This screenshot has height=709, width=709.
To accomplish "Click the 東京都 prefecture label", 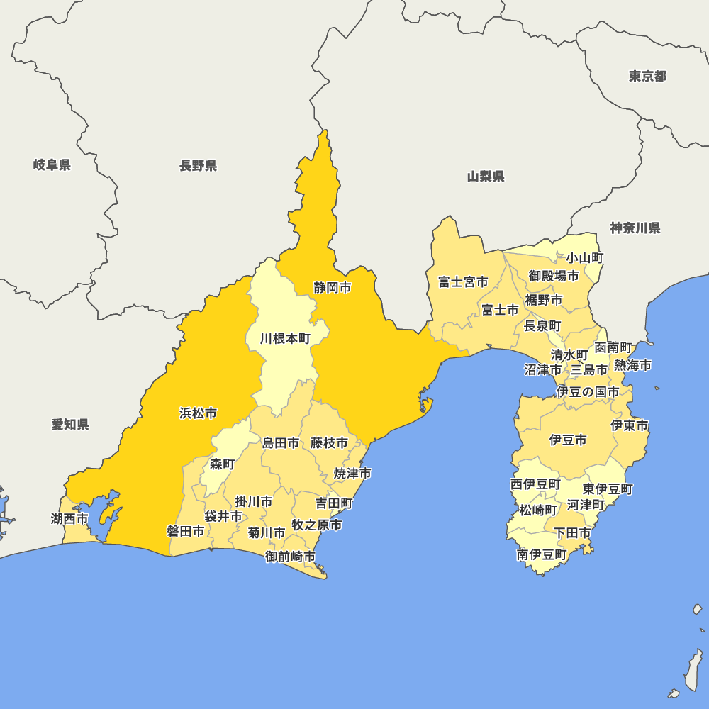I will click(647, 76).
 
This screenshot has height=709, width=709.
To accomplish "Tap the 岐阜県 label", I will click(52, 165).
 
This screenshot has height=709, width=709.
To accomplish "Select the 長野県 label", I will click(198, 165).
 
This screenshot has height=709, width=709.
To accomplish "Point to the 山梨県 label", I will click(486, 176).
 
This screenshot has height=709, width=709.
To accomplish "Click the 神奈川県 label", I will click(635, 228).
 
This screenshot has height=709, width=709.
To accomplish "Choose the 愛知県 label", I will click(70, 424).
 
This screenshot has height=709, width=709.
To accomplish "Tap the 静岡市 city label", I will click(333, 287).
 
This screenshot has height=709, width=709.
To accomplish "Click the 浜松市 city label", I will click(198, 413).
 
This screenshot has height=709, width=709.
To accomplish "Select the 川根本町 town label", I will click(285, 338).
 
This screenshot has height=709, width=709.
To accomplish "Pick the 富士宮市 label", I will click(462, 281).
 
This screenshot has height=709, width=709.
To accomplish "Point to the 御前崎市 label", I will click(290, 557).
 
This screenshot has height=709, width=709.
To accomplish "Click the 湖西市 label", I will click(69, 518).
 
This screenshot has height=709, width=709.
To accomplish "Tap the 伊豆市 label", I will click(568, 440).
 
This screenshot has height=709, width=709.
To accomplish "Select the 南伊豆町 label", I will click(542, 554).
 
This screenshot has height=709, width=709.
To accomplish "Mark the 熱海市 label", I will click(632, 365).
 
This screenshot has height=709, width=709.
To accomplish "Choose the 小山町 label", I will click(584, 258).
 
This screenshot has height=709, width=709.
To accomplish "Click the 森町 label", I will click(222, 464).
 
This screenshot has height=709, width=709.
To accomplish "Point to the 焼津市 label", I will click(352, 473).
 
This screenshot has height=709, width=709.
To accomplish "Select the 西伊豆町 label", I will click(535, 484).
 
